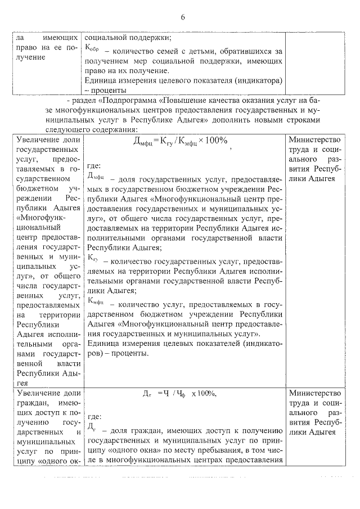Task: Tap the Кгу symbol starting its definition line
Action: (x=93, y=260)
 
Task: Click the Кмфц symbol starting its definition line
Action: (x=96, y=301)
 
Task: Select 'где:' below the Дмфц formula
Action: (x=94, y=165)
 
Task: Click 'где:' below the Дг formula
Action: (x=94, y=417)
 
